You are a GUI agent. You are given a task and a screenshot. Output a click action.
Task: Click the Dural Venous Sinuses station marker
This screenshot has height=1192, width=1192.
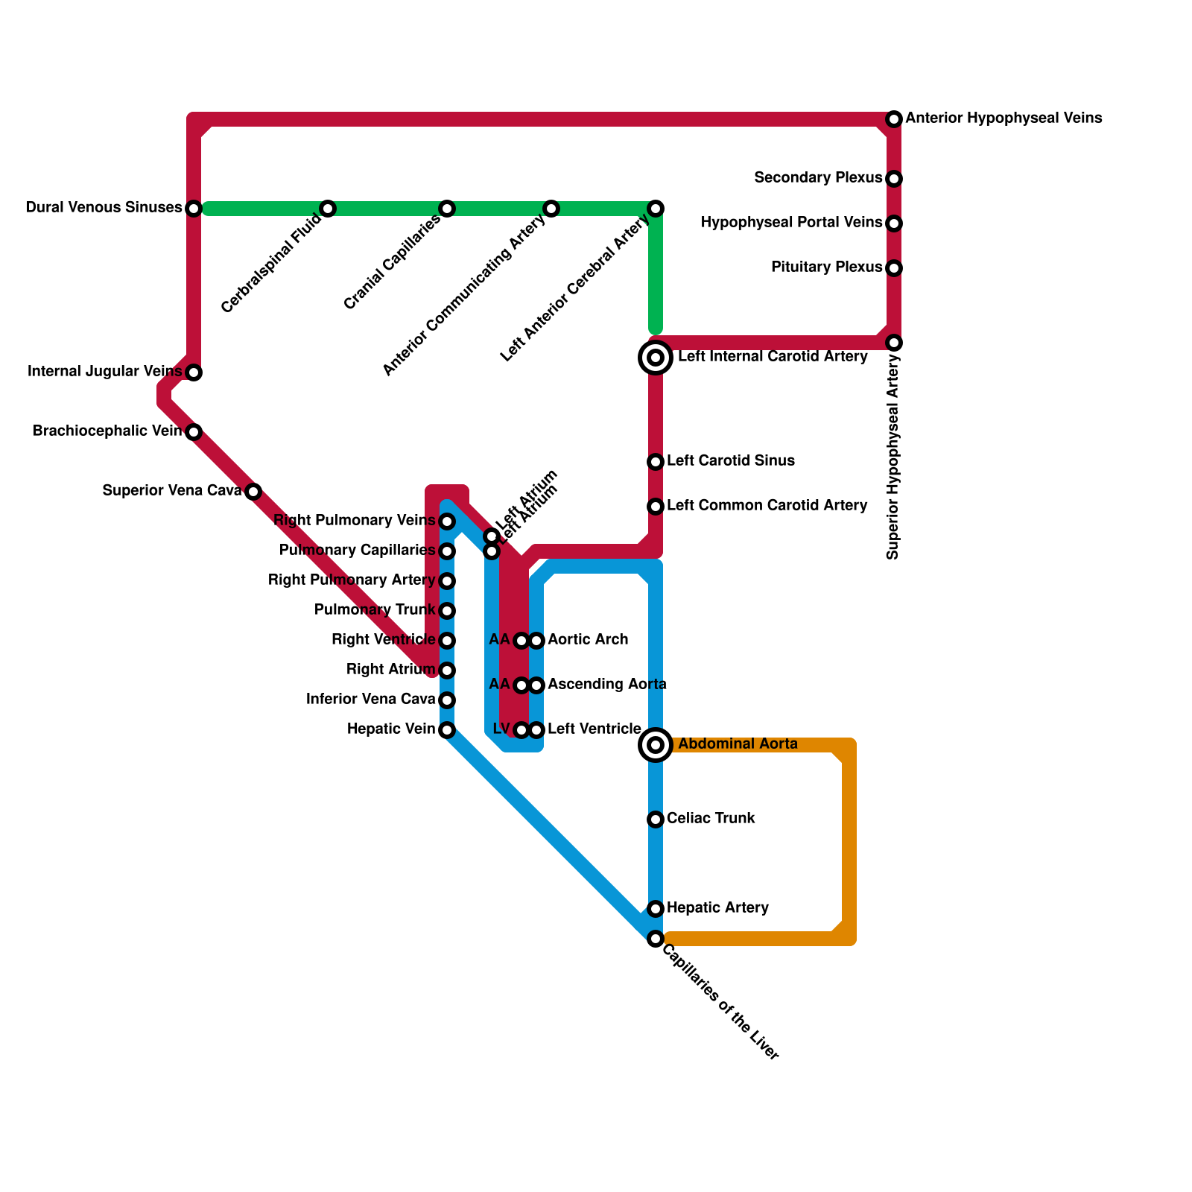[x=194, y=209]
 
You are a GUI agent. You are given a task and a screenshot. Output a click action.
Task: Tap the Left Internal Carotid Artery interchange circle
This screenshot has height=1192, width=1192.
[x=656, y=358]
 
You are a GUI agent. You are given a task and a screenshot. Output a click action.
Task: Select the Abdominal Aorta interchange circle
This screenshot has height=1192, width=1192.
[x=656, y=745]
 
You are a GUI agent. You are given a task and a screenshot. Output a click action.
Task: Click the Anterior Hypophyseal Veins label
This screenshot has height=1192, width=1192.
[x=1004, y=118]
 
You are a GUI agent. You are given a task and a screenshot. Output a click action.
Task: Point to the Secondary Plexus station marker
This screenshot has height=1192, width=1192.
[x=894, y=179]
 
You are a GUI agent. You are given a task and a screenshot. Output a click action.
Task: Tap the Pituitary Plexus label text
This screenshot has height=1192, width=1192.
[x=826, y=267]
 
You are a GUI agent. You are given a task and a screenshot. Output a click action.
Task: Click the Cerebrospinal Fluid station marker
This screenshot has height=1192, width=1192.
[x=328, y=209]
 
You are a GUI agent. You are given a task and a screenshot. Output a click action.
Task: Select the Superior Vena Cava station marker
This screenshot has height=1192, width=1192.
[x=253, y=492]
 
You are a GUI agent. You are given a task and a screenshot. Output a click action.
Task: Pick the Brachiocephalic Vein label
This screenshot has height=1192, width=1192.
[x=107, y=431]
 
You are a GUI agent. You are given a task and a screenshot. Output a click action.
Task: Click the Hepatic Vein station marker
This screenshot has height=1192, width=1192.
[x=447, y=730]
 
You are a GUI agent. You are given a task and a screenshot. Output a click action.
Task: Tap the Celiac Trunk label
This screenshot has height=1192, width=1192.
[x=711, y=819]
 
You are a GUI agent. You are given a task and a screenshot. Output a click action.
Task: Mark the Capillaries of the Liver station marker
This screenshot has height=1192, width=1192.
[x=656, y=939]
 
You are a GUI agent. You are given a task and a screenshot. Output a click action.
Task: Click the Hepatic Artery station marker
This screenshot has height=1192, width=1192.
[x=656, y=909]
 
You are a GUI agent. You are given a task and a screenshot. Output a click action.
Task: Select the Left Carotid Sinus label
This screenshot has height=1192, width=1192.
[x=730, y=461]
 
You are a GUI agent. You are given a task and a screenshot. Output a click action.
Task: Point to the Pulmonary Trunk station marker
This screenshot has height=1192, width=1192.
[x=447, y=611]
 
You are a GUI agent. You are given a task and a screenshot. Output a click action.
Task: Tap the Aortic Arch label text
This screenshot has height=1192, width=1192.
[x=588, y=640]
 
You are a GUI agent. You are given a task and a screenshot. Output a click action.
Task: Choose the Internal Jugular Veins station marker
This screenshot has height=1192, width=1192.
[x=194, y=372]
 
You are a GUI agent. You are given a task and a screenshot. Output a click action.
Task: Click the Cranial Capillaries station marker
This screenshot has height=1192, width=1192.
[x=447, y=209]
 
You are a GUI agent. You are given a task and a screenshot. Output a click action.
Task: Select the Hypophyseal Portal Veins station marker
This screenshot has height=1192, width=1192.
[x=894, y=223]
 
